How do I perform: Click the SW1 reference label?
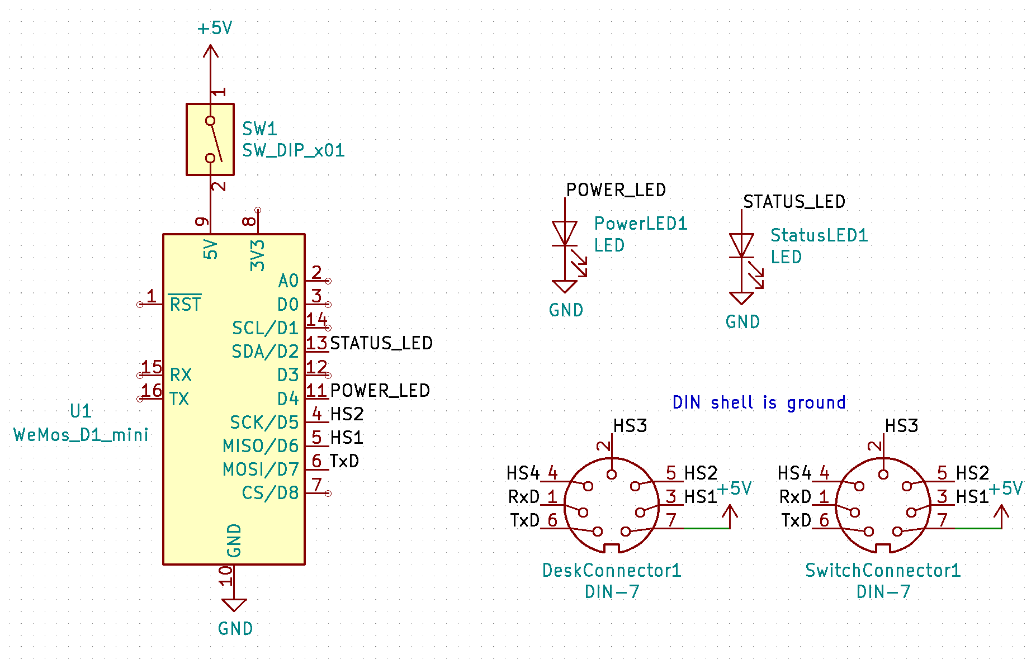(259, 129)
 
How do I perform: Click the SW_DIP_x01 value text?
(294, 151)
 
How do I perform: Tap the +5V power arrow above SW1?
(210, 51)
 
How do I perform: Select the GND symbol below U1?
(234, 605)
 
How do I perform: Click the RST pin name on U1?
(185, 304)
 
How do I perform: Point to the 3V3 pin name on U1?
(257, 255)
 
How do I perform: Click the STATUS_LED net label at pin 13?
(381, 343)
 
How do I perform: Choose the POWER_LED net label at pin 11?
(380, 391)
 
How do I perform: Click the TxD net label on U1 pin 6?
(344, 461)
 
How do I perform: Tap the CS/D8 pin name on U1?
(270, 493)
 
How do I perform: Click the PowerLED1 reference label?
(641, 224)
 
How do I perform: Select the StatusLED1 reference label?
(819, 235)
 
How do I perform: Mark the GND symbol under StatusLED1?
(741, 298)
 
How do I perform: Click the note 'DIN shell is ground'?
(759, 402)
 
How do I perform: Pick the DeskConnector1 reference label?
(612, 571)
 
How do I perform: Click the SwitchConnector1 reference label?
(883, 571)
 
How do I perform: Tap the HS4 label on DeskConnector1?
(523, 473)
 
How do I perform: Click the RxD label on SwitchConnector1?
(795, 497)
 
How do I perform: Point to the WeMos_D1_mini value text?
(81, 435)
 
